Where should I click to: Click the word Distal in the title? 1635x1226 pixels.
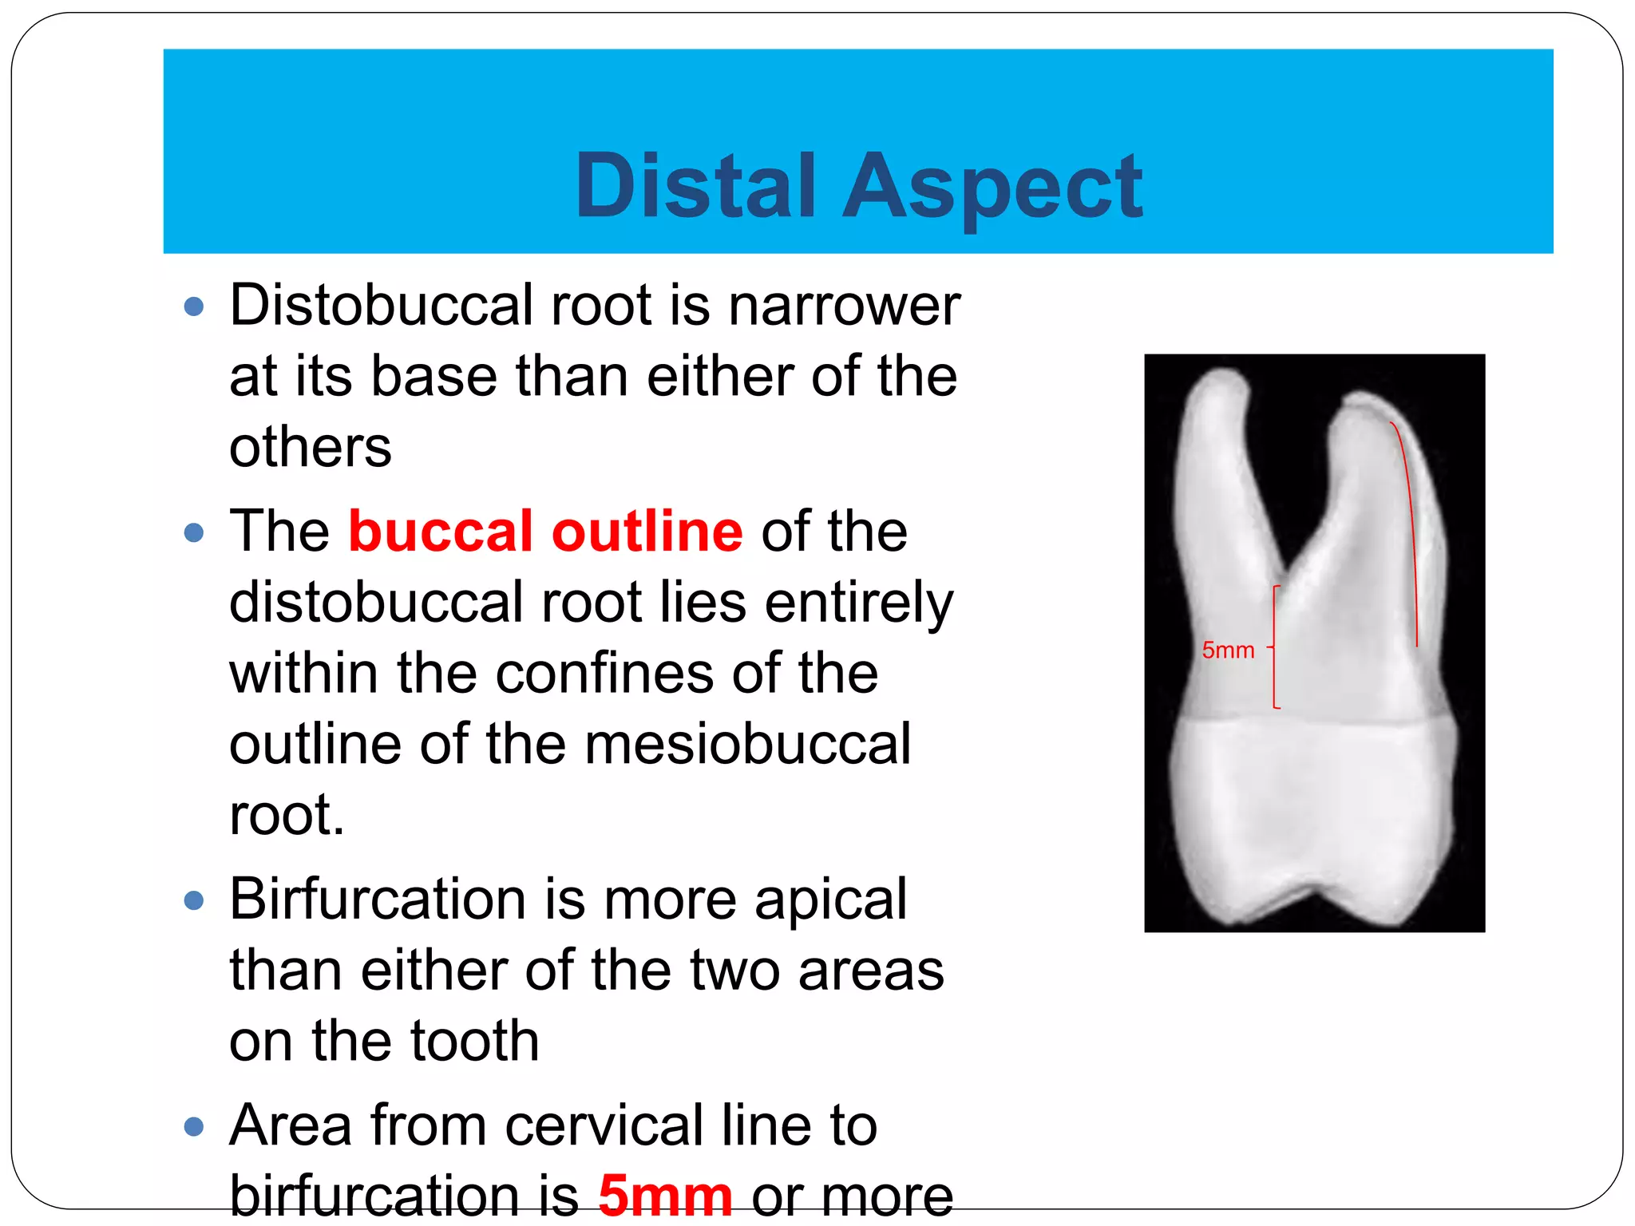(x=695, y=186)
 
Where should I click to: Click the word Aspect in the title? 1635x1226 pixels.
(x=993, y=188)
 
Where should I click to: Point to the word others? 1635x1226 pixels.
(x=311, y=446)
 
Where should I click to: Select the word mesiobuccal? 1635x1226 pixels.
(x=748, y=744)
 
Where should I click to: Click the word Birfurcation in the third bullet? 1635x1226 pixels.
(x=378, y=899)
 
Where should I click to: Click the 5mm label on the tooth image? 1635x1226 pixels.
(x=1228, y=651)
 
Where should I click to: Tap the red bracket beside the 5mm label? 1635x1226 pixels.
(x=1274, y=647)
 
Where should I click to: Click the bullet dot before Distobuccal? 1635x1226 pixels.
(x=194, y=306)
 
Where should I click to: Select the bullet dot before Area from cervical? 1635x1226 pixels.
(x=194, y=1126)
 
